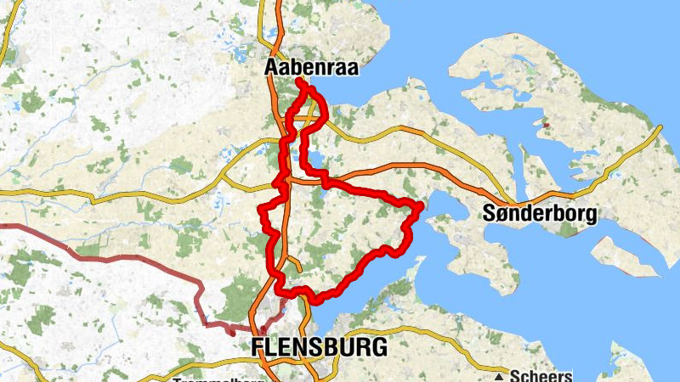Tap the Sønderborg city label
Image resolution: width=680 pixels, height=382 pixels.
coord(539,212)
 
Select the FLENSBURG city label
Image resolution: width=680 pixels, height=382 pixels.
coord(320,346)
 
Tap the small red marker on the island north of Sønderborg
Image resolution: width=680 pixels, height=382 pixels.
coord(547,126)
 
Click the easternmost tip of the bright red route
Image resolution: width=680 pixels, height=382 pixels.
coord(420,206)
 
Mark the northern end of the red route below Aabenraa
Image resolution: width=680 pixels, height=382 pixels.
coord(298,81)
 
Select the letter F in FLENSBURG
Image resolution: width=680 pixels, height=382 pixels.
coord(258,346)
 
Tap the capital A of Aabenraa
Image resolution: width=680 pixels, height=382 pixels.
coord(273,67)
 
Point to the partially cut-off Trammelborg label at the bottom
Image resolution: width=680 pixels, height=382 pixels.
coord(216,379)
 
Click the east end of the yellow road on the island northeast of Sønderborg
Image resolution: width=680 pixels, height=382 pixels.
coord(660,127)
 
